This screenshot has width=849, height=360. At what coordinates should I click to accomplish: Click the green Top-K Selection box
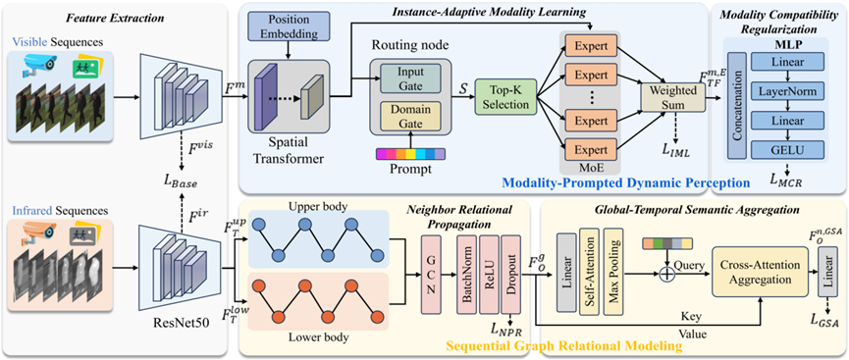point(505,96)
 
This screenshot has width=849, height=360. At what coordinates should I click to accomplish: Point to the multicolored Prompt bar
point(410,154)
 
